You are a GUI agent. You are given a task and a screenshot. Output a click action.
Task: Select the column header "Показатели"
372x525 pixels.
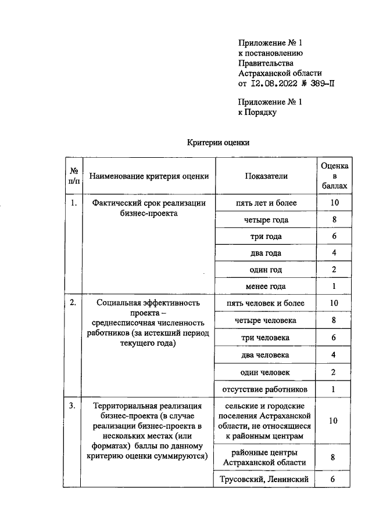pyautogui.click(x=266, y=176)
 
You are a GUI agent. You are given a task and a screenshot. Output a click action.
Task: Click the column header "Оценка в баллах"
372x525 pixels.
pyautogui.click(x=334, y=176)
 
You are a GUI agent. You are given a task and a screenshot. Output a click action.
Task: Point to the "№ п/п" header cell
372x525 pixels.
pyautogui.click(x=74, y=176)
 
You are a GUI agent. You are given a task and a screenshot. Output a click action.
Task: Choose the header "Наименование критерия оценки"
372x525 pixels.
pyautogui.click(x=149, y=176)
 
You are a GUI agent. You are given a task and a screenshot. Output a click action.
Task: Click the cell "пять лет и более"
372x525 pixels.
pyautogui.click(x=266, y=203)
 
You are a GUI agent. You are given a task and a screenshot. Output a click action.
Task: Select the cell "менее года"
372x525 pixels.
pyautogui.click(x=266, y=287)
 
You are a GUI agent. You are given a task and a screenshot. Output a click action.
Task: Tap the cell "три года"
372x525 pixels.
pyautogui.click(x=266, y=237)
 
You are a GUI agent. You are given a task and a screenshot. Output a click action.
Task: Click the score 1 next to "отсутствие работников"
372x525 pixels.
pyautogui.click(x=334, y=389)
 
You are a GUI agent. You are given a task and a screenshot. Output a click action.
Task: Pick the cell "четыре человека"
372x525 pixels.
pyautogui.click(x=266, y=320)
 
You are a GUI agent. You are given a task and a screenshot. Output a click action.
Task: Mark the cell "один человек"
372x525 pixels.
pyautogui.click(x=266, y=372)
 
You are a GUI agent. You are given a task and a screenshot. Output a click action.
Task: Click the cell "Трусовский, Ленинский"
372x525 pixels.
pyautogui.click(x=266, y=479)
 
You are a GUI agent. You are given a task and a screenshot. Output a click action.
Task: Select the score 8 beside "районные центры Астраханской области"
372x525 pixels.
pyautogui.click(x=334, y=458)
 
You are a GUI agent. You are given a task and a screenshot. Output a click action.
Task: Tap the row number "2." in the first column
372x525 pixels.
pyautogui.click(x=73, y=303)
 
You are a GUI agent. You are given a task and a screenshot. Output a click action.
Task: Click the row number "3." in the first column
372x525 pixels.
pyautogui.click(x=73, y=405)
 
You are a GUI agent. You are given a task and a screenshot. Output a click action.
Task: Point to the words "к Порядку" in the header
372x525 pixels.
pyautogui.click(x=257, y=112)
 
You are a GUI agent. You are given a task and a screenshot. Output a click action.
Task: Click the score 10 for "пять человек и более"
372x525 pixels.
pyautogui.click(x=334, y=303)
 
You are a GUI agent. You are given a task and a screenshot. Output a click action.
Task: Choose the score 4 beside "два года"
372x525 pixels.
pyautogui.click(x=334, y=254)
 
